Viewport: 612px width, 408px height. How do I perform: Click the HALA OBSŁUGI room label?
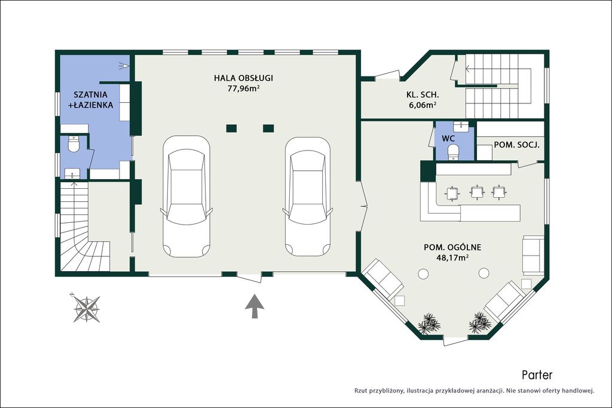tap(243, 78)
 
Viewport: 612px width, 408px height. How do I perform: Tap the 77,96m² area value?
tap(244, 88)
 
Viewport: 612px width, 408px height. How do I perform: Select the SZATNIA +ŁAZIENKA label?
tap(91, 100)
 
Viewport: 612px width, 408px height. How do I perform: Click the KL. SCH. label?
tap(423, 94)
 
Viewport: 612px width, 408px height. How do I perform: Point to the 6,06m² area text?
tap(423, 105)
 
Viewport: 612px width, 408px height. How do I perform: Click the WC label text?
tap(448, 139)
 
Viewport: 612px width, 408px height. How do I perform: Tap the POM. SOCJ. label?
tap(517, 145)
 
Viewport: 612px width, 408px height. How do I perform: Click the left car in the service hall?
tap(186, 196)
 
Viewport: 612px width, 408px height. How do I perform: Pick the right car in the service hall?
tap(308, 196)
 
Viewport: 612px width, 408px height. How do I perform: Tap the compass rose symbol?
tap(86, 308)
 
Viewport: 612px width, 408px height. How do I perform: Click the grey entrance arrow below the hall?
tap(254, 306)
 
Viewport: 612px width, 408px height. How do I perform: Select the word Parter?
tap(537, 375)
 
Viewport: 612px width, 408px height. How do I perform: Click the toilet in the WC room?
tap(453, 152)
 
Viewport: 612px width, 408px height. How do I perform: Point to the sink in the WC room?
tap(461, 127)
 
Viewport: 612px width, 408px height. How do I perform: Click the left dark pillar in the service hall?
tap(231, 128)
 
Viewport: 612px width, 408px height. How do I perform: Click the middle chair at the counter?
tap(477, 192)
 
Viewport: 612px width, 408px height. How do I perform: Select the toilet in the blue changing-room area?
tap(73, 144)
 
